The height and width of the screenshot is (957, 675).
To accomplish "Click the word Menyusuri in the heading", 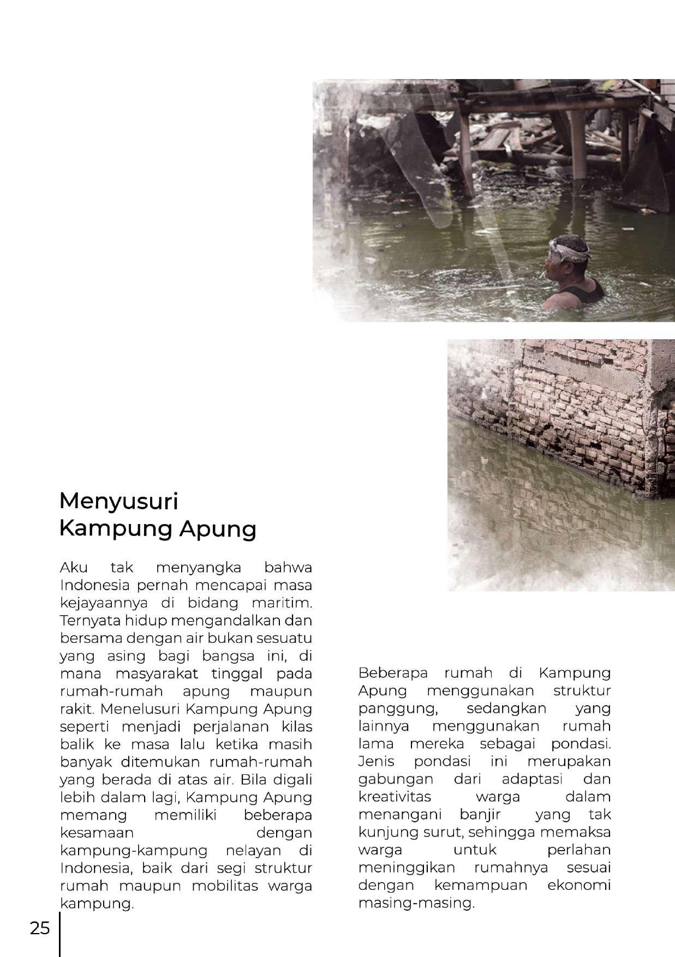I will click(x=118, y=501).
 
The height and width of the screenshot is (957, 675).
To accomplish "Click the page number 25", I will click(x=40, y=929).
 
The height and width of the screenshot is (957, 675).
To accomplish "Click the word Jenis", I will click(x=376, y=762).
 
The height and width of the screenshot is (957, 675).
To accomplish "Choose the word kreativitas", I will click(x=395, y=797).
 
